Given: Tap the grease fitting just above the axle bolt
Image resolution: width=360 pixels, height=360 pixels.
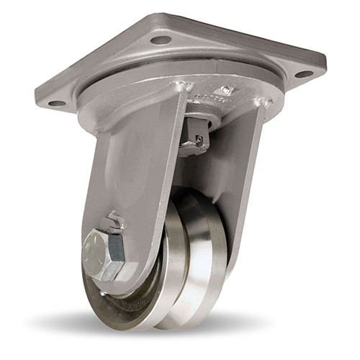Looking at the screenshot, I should coord(115,220).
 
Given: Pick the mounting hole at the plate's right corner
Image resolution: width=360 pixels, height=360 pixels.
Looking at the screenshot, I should coord(303,73).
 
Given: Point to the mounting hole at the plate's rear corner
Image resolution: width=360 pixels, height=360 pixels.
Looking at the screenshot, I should coord(161,40).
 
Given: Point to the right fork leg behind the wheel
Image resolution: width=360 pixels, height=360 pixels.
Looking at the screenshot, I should coord(248,180).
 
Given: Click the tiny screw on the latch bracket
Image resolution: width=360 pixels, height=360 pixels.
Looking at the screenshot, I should coord(199,139).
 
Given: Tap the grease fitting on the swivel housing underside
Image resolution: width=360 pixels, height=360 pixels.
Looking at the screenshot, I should coord(225,91).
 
